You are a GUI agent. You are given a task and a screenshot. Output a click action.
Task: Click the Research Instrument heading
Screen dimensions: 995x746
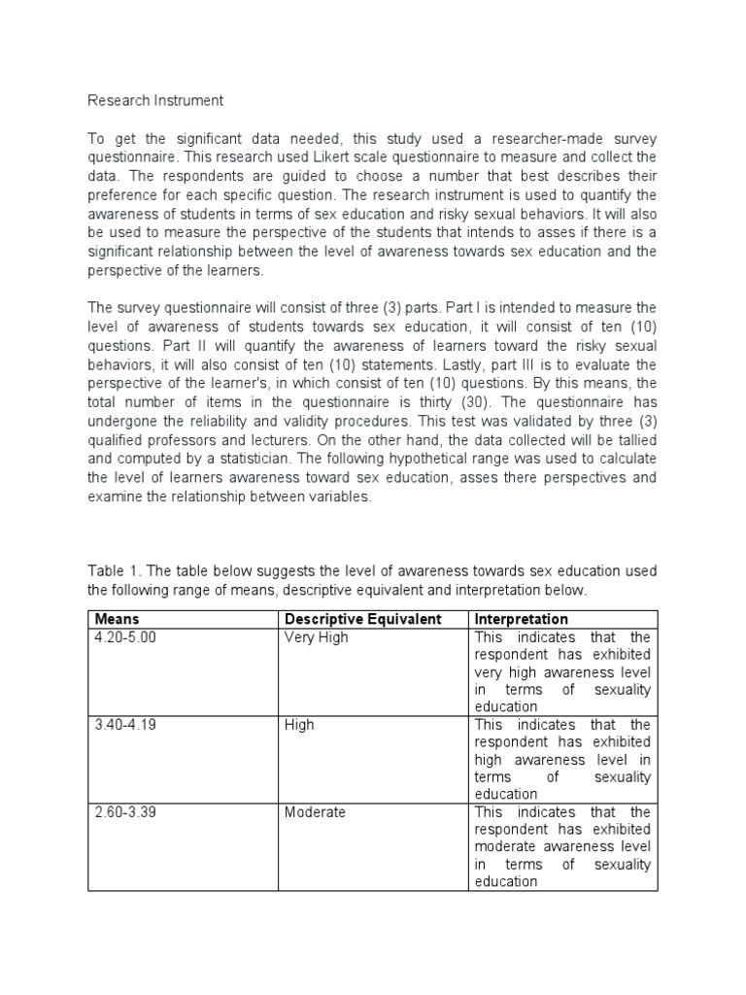coord(155,100)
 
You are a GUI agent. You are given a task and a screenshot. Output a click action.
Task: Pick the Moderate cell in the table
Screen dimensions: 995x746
coord(315,812)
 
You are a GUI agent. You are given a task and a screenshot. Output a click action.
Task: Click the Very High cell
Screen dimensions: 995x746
coord(316,637)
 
